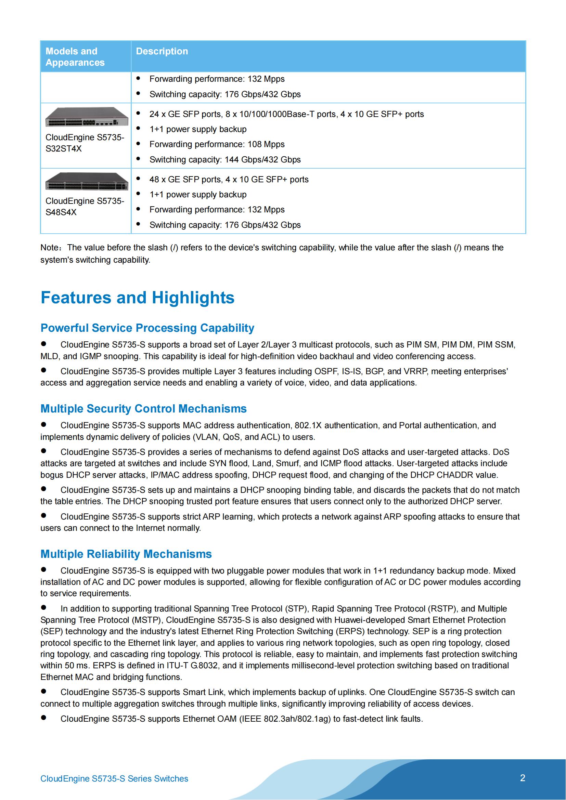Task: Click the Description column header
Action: (x=162, y=51)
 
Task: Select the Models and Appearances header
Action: (x=75, y=57)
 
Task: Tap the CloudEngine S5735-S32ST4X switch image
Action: (x=87, y=117)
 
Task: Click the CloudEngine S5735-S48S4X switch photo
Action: (x=87, y=182)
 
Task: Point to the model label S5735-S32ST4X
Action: (x=85, y=143)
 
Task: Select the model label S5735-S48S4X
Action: (x=85, y=207)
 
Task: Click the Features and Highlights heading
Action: (x=137, y=298)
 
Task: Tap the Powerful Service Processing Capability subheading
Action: (x=147, y=328)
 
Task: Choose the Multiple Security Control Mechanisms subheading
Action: (x=143, y=409)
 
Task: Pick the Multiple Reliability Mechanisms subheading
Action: (x=126, y=554)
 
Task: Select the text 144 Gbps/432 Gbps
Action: (x=262, y=160)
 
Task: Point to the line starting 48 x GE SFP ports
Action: (x=229, y=180)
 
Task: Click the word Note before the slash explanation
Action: (x=50, y=248)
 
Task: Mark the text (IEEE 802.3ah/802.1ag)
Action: (x=285, y=719)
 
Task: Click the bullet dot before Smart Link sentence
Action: (x=43, y=691)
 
